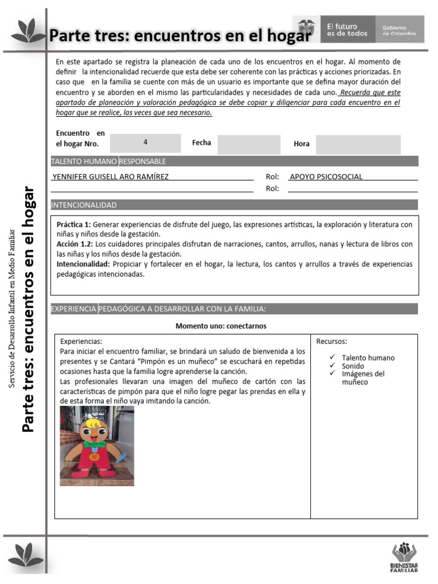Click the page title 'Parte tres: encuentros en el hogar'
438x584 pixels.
(180, 36)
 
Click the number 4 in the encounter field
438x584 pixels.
(145, 142)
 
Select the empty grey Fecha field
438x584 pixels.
(249, 144)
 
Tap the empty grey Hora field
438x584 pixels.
(358, 144)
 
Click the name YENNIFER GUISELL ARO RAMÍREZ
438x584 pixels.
(110, 177)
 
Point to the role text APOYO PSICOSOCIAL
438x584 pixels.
(326, 177)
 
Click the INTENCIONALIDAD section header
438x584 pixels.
(84, 205)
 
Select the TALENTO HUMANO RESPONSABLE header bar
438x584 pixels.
(108, 161)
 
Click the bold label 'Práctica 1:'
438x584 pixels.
(74, 225)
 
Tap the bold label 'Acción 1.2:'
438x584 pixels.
(75, 244)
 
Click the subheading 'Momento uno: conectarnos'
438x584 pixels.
(221, 326)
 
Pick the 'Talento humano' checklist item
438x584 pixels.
(368, 358)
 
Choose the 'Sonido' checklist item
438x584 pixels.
(353, 366)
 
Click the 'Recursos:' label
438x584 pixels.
(331, 342)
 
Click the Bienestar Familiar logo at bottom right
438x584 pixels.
(404, 557)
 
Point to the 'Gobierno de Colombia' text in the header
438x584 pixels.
(399, 30)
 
